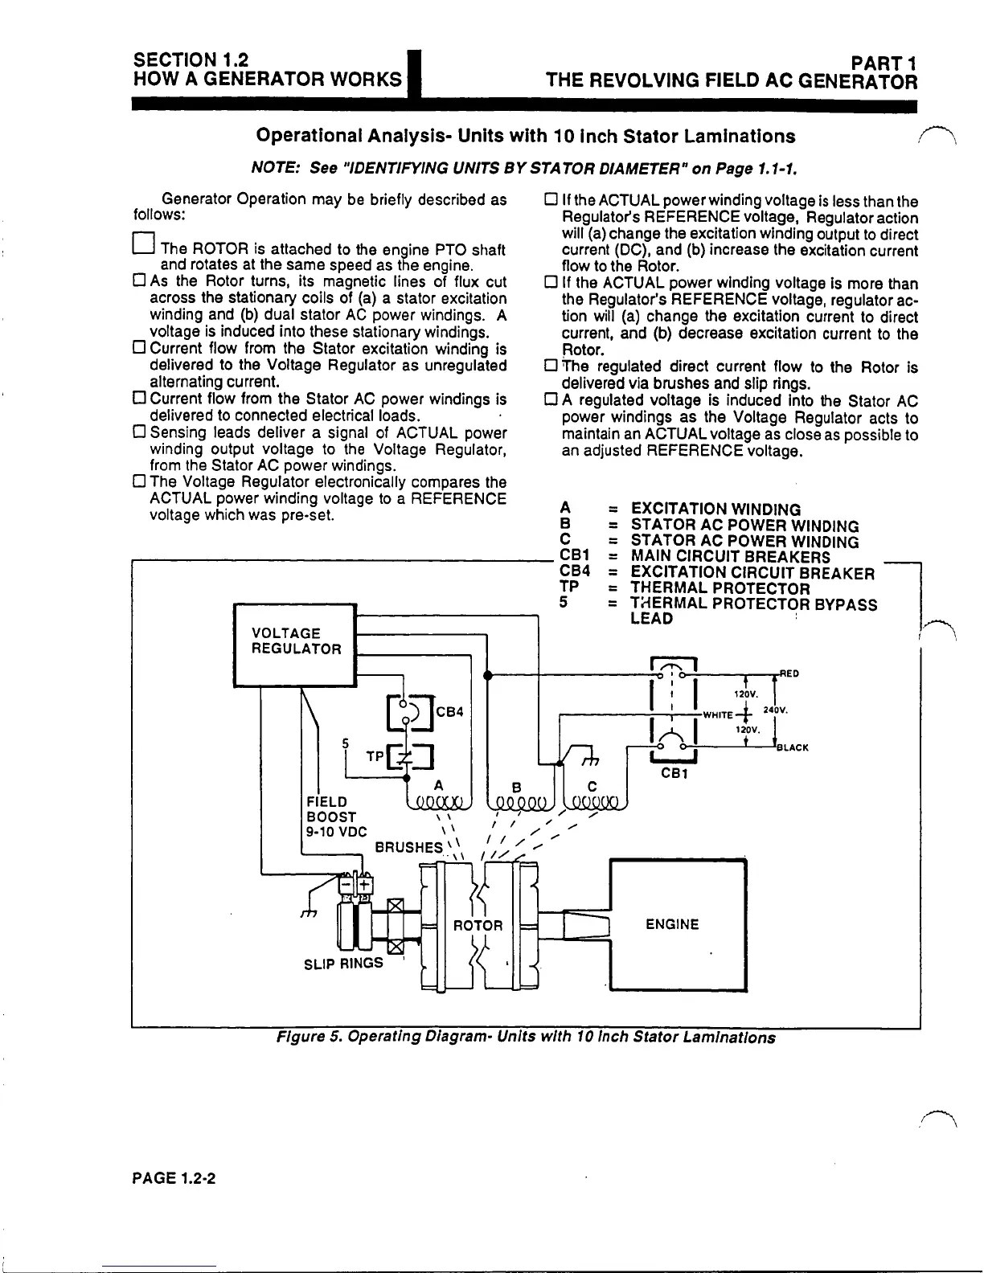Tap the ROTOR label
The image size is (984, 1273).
[x=478, y=925]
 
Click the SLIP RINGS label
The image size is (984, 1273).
[x=343, y=963]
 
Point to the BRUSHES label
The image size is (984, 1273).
[x=409, y=847]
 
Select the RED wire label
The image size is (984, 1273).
[x=789, y=673]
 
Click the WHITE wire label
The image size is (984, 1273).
[x=717, y=714]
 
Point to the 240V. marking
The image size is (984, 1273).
[x=775, y=710]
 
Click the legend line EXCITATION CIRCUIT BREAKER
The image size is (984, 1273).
[x=752, y=573]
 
